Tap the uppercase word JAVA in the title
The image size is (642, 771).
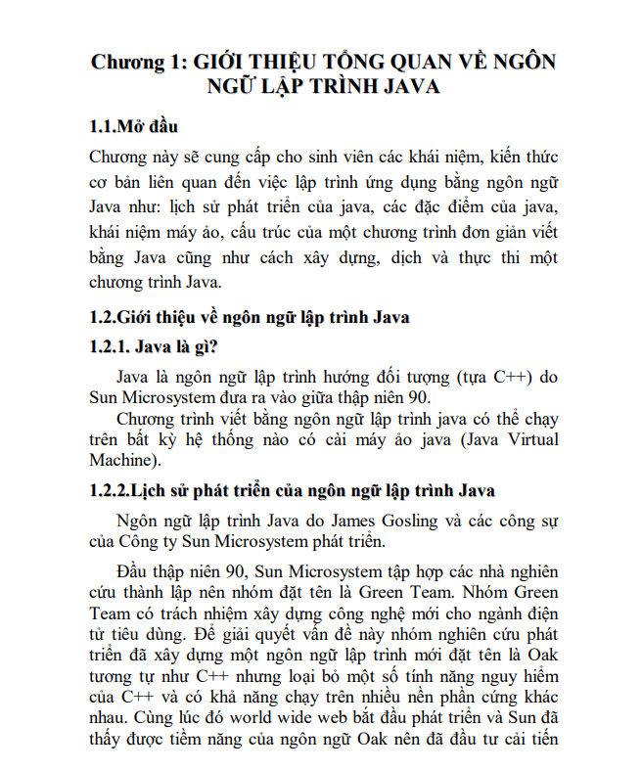point(402,86)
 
